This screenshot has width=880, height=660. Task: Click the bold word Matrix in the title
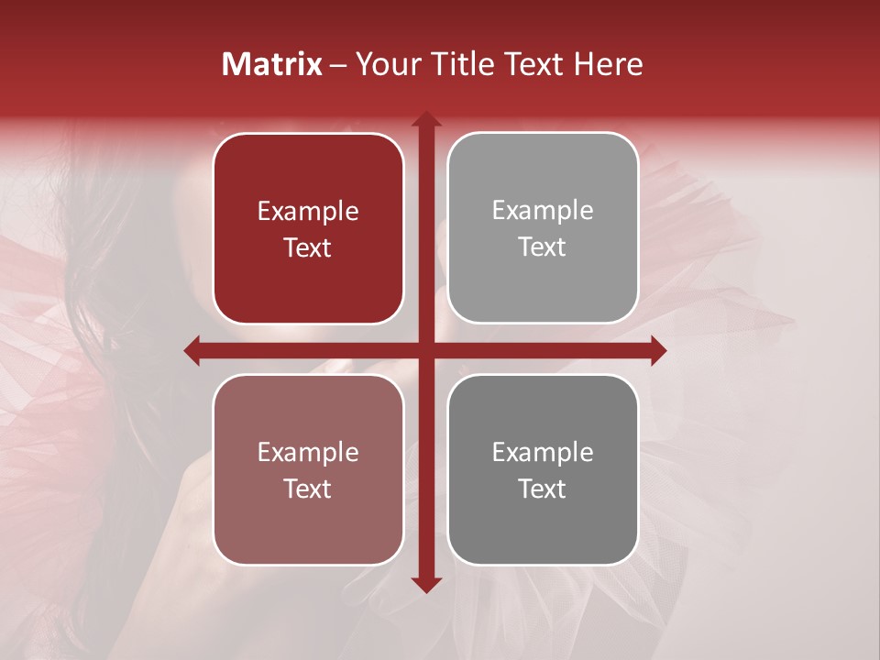click(x=272, y=64)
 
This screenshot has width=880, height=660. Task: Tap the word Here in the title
click(x=609, y=64)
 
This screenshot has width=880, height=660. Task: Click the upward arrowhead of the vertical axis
click(x=426, y=120)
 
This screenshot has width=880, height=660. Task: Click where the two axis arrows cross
click(x=426, y=350)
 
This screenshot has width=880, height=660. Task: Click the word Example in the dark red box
click(x=308, y=212)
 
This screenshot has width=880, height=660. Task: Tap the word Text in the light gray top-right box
click(x=543, y=247)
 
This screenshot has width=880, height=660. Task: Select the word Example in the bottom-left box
click(x=308, y=453)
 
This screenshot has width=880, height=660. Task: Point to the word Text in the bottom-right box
click(x=543, y=489)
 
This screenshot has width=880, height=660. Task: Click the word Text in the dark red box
click(x=308, y=247)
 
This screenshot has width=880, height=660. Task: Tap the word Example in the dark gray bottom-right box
click(x=543, y=453)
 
